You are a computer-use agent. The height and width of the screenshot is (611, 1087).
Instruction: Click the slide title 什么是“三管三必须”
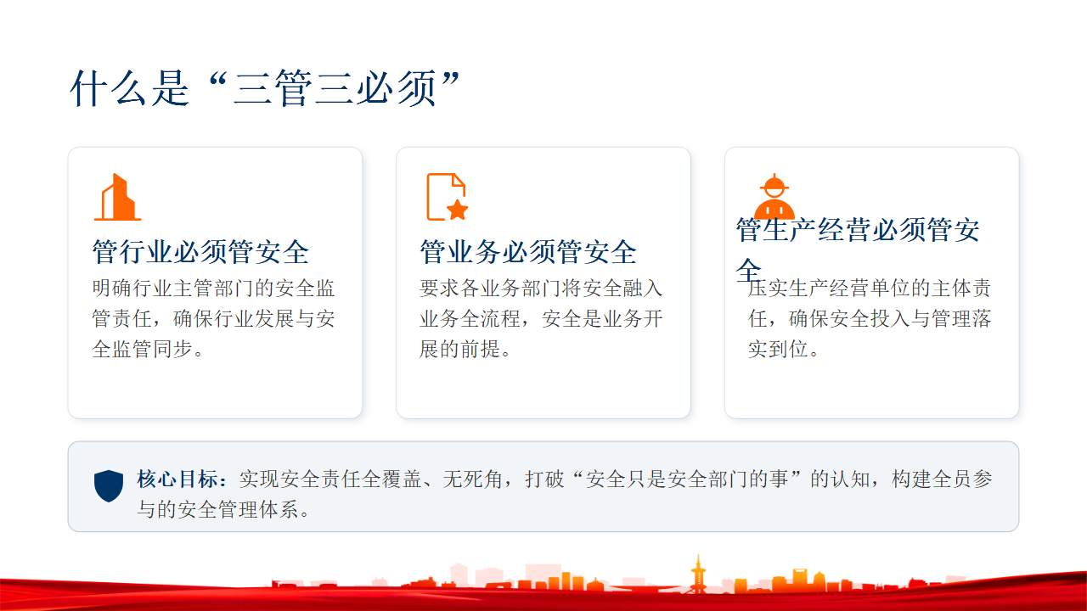pyautogui.click(x=265, y=88)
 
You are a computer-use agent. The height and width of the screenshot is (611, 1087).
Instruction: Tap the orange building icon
pyautogui.click(x=118, y=198)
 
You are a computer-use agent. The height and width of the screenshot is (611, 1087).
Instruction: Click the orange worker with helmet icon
pyautogui.click(x=774, y=196)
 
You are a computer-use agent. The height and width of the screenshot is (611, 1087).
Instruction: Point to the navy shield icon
pyautogui.click(x=109, y=486)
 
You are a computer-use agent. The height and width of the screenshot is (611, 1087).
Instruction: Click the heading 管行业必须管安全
pyautogui.click(x=200, y=252)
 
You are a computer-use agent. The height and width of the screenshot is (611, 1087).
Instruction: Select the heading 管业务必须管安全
pyautogui.click(x=528, y=252)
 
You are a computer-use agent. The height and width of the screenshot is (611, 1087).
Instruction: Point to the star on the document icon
pyautogui.click(x=457, y=210)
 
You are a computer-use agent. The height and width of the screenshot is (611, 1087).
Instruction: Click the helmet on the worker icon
pyautogui.click(x=774, y=184)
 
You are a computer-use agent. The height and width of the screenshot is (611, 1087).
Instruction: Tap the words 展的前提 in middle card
pyautogui.click(x=459, y=349)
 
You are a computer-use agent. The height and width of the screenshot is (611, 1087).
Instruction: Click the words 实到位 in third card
pyautogui.click(x=778, y=349)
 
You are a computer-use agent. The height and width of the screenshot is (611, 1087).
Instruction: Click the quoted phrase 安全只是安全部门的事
pyautogui.click(x=687, y=479)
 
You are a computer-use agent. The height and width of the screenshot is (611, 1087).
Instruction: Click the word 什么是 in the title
pyautogui.click(x=129, y=88)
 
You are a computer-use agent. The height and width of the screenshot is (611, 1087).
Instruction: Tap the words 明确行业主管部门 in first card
pyautogui.click(x=172, y=288)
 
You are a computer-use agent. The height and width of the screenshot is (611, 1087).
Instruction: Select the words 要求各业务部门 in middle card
pyautogui.click(x=490, y=288)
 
